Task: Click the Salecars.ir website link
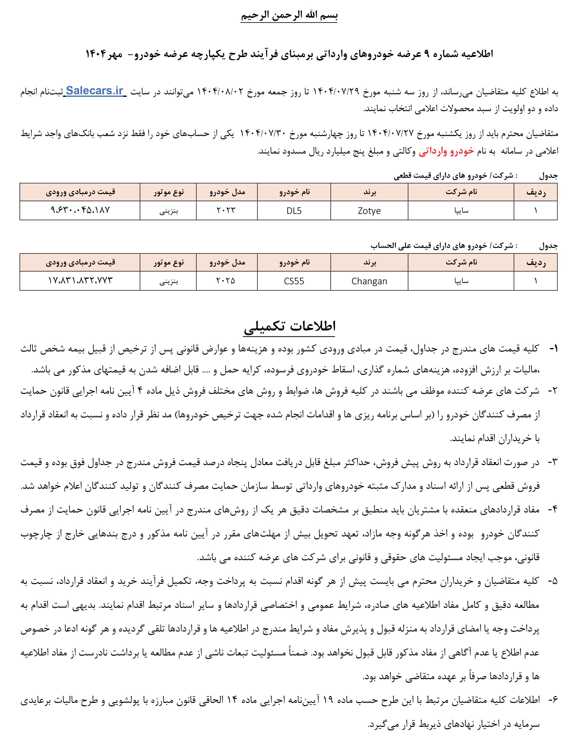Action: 94,91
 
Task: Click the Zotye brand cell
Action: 369,211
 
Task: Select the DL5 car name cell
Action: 294,211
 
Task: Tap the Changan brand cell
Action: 369,281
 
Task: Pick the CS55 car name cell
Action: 294,281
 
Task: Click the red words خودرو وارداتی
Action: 446,151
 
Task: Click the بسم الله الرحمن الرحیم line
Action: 289,15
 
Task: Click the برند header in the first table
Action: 369,192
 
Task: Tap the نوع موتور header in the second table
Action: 168,262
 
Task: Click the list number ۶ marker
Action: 553,700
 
